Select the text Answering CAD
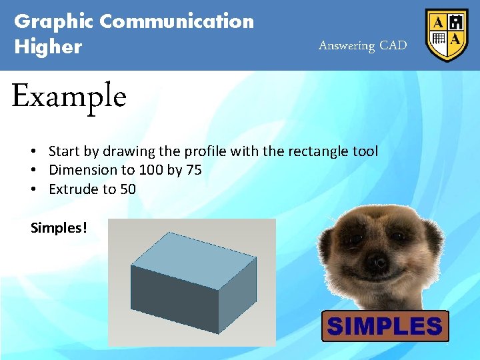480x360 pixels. coord(362,45)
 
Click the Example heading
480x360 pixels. coord(69,97)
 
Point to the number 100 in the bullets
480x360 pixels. coord(151,170)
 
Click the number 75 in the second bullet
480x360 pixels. coord(194,170)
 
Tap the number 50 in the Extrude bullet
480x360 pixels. coord(128,189)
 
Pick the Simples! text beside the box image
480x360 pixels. coord(59,228)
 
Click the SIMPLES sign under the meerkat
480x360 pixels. coord(385,326)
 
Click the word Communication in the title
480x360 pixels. coord(177,21)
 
